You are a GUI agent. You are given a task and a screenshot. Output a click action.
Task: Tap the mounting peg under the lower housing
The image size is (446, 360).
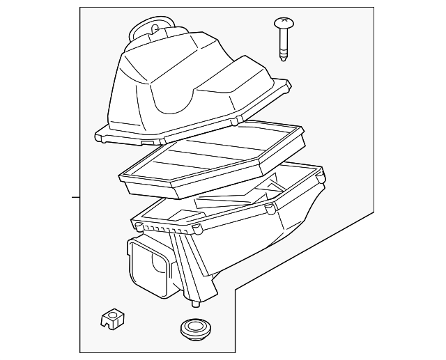pyautogui.click(x=194, y=304)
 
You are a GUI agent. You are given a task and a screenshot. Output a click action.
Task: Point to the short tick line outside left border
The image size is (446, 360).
pyautogui.click(x=76, y=197)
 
